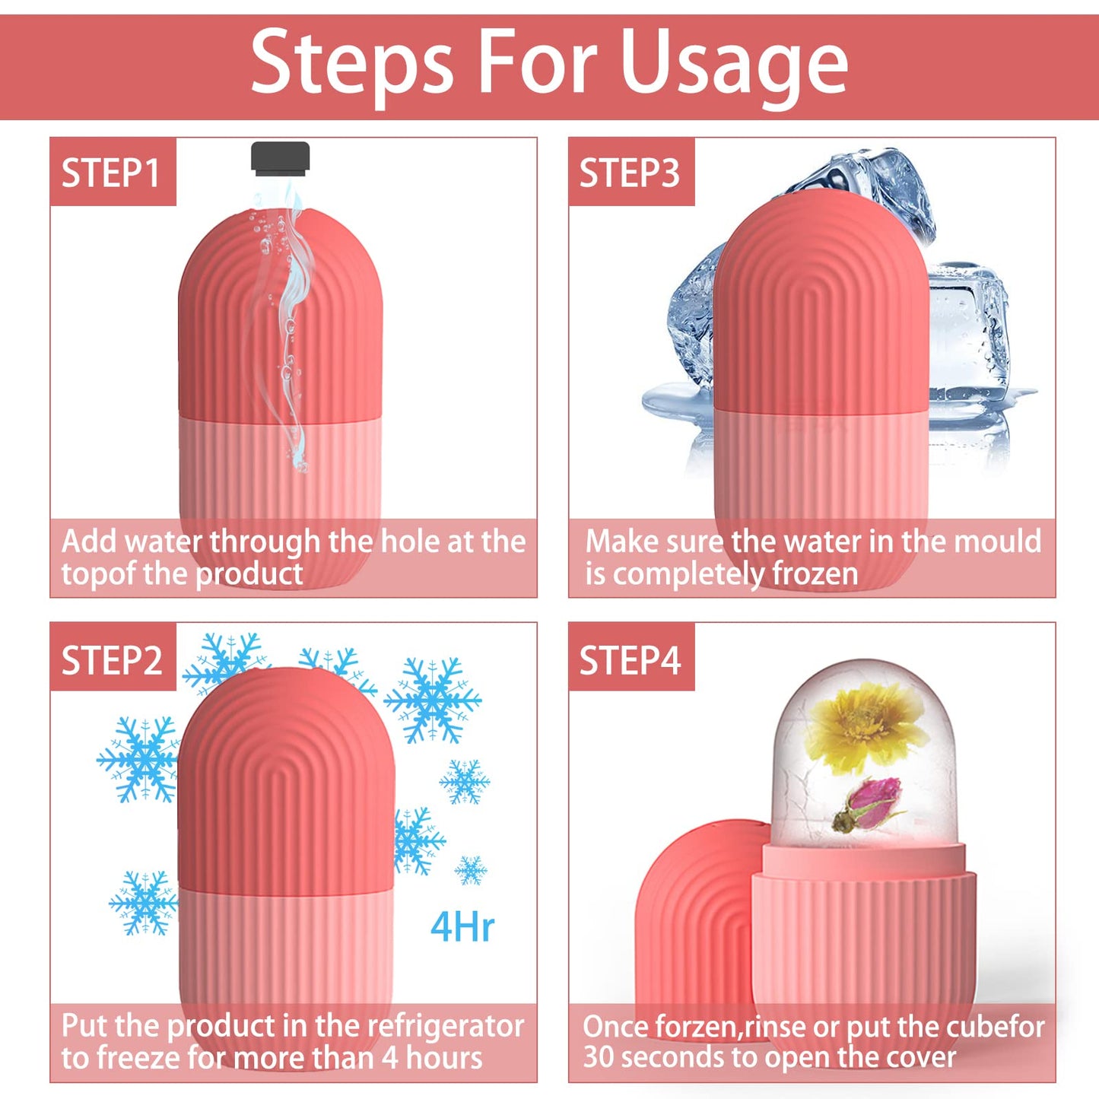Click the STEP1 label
tap(111, 173)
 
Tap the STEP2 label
tap(112, 660)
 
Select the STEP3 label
tap(630, 173)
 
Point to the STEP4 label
tap(630, 660)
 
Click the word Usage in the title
tap(734, 65)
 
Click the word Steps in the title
tap(352, 65)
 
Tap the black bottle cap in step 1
tap(280, 157)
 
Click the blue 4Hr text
tap(462, 927)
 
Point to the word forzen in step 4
tap(696, 1027)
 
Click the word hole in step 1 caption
tap(410, 542)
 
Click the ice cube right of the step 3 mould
tap(970, 335)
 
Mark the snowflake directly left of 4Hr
tap(417, 840)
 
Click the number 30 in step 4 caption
tap(598, 1057)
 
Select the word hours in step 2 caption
tap(445, 1058)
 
